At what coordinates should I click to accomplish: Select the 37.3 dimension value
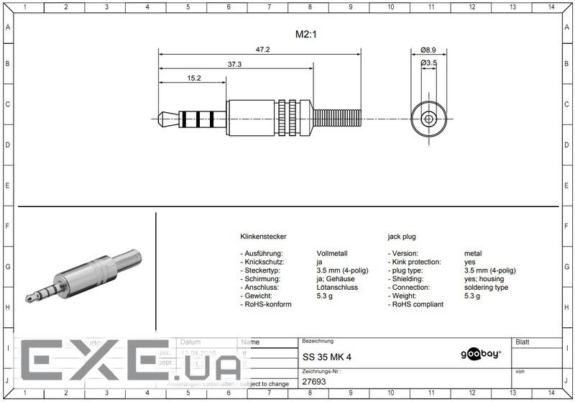click(x=235, y=64)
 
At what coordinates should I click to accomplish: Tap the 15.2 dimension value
click(x=194, y=78)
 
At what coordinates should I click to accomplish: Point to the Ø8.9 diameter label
click(x=429, y=50)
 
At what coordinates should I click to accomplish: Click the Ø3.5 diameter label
click(x=429, y=63)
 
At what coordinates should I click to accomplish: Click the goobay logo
click(x=480, y=354)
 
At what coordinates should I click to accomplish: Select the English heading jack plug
click(x=402, y=237)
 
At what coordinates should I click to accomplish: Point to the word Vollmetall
click(x=332, y=253)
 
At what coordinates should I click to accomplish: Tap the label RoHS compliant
click(x=418, y=304)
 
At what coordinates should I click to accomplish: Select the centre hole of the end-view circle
click(x=429, y=118)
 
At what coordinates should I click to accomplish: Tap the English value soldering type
click(x=486, y=287)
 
